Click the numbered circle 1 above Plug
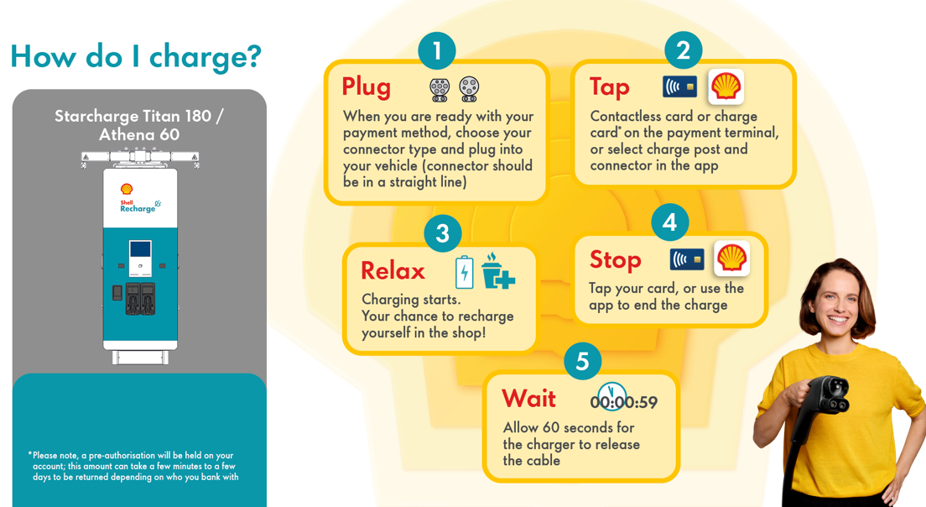pos(437,51)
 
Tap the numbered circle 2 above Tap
pos(684,50)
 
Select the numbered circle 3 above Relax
pos(443,233)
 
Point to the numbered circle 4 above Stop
pos(669,222)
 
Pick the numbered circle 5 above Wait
pos(583,361)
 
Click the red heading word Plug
pos(367,87)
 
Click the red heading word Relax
pos(393,271)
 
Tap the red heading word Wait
pos(528,399)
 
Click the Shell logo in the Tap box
pos(726,86)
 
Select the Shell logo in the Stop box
pos(731,259)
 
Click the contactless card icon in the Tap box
pos(679,86)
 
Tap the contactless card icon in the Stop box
pos(687,259)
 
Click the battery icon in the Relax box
pos(464,272)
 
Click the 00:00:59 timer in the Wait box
pos(624,401)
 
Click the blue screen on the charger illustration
pos(140,248)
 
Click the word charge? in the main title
pos(205,57)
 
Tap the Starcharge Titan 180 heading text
pos(138,116)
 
